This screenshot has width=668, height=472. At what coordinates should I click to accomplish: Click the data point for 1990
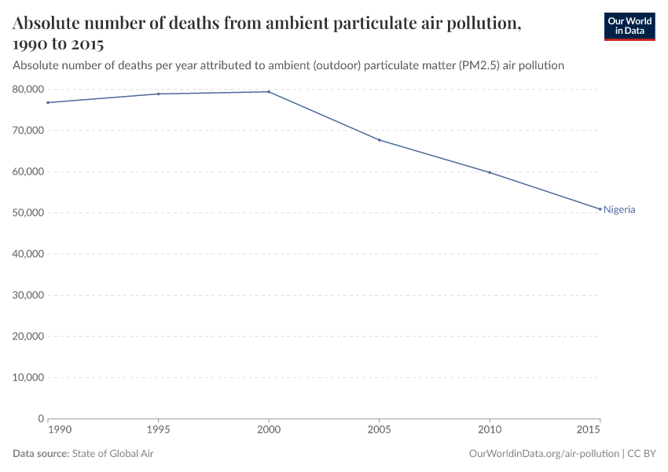pyautogui.click(x=48, y=102)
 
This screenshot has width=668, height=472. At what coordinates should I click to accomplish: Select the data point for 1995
pyautogui.click(x=159, y=94)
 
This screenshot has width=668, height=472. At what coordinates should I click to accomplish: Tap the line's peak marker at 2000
pyautogui.click(x=269, y=92)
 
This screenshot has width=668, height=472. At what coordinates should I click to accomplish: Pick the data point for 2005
pyautogui.click(x=380, y=140)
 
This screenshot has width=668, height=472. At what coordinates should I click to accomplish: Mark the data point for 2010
pyautogui.click(x=490, y=172)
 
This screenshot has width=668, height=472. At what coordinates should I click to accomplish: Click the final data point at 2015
pyautogui.click(x=600, y=209)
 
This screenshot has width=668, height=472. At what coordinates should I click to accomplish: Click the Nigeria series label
pyautogui.click(x=619, y=210)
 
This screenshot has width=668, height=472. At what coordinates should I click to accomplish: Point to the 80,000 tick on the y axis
pyautogui.click(x=28, y=90)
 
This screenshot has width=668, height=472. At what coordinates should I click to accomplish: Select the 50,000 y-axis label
pyautogui.click(x=28, y=213)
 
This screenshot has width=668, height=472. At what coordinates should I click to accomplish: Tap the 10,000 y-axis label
pyautogui.click(x=28, y=378)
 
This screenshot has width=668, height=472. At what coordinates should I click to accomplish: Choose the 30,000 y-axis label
pyautogui.click(x=28, y=295)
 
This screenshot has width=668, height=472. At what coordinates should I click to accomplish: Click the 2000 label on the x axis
pyautogui.click(x=269, y=432)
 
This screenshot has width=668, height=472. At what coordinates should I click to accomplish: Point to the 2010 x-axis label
pyautogui.click(x=490, y=432)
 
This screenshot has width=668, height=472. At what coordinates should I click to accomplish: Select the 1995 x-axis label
pyautogui.click(x=159, y=432)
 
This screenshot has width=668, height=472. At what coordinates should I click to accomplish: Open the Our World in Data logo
pyautogui.click(x=629, y=26)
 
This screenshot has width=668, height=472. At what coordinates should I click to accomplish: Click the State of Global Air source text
pyautogui.click(x=113, y=454)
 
